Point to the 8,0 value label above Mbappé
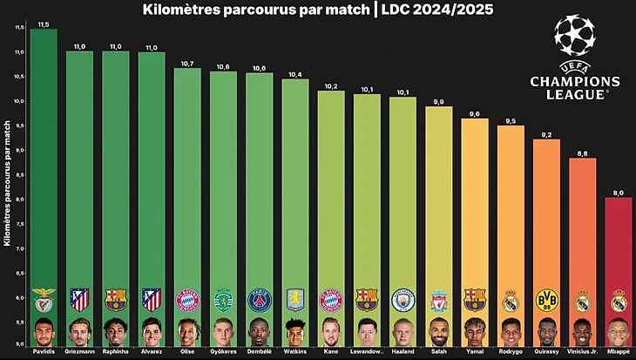pos(618,192)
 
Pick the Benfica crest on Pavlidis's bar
pos(44,301)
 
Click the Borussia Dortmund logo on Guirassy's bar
pos(546,301)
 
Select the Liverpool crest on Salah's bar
pos(438,301)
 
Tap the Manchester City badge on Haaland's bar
pos(403,301)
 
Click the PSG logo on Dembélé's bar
pos(259,301)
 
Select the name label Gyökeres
pos(223,350)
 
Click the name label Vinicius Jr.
pos(582,350)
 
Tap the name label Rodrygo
pos(511,350)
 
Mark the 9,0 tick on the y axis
pos(18,149)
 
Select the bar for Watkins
pos(294,192)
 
